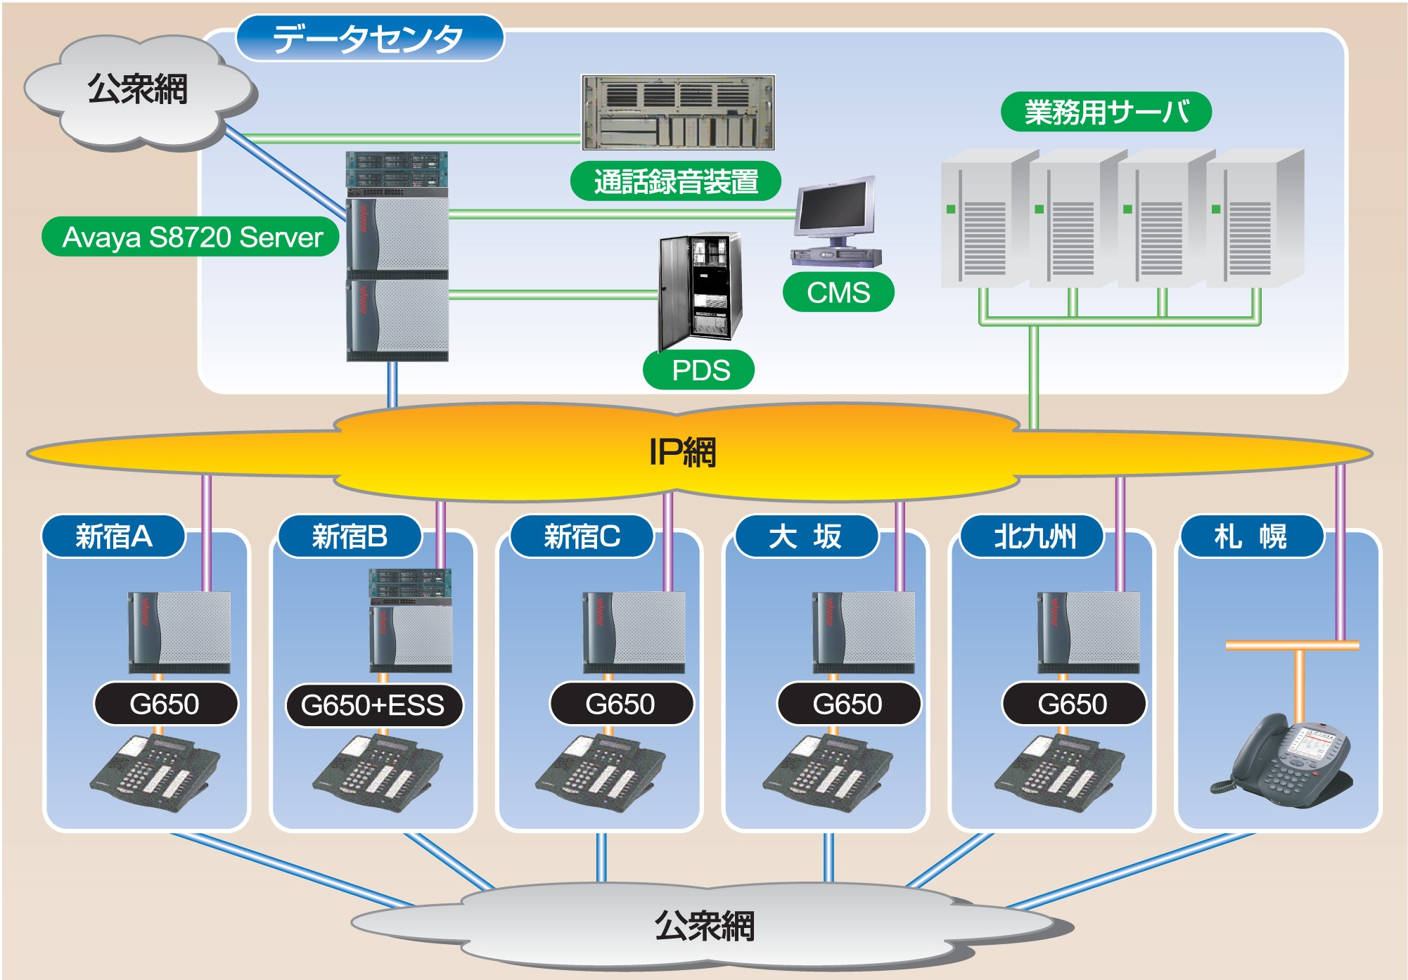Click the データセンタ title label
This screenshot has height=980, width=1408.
click(x=369, y=39)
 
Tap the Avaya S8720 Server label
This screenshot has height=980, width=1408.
click(x=191, y=237)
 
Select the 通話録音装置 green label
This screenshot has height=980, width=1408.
click(x=675, y=181)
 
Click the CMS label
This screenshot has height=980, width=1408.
click(x=838, y=292)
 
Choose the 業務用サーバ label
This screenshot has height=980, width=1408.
click(x=1106, y=112)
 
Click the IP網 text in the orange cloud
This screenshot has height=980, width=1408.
click(x=682, y=452)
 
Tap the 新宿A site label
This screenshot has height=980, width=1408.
click(x=114, y=536)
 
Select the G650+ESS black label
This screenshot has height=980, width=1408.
click(x=373, y=705)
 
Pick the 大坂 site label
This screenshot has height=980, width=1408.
click(x=805, y=536)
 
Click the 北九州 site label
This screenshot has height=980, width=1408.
click(x=1034, y=536)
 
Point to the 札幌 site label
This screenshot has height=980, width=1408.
click(x=1250, y=536)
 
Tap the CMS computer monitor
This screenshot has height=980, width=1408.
click(x=836, y=208)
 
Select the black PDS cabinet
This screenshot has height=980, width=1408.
click(x=700, y=290)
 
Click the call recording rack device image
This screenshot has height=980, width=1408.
click(x=678, y=112)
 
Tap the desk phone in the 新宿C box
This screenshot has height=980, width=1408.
click(x=600, y=772)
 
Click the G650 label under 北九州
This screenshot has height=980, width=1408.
click(x=1073, y=704)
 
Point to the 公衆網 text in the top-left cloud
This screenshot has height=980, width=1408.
click(x=138, y=90)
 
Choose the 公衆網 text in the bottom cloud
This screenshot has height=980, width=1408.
click(x=704, y=926)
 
